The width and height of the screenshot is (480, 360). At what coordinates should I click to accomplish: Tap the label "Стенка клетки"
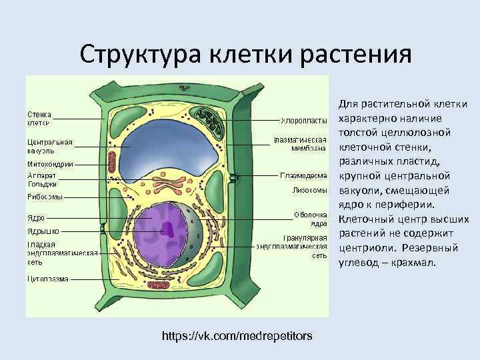point(39,118)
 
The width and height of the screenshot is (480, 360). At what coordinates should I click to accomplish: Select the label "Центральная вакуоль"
point(49,146)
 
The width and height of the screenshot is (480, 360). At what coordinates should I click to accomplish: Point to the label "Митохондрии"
point(50,164)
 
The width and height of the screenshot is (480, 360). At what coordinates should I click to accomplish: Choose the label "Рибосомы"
point(45,197)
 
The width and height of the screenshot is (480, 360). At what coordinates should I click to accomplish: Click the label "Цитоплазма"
point(47,279)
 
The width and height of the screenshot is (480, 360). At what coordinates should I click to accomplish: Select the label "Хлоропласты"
point(304,121)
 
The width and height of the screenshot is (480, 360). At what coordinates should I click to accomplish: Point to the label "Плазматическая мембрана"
point(299,144)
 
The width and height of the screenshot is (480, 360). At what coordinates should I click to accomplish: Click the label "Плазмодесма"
point(303,176)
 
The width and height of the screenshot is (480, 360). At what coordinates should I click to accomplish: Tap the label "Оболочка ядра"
point(310,219)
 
